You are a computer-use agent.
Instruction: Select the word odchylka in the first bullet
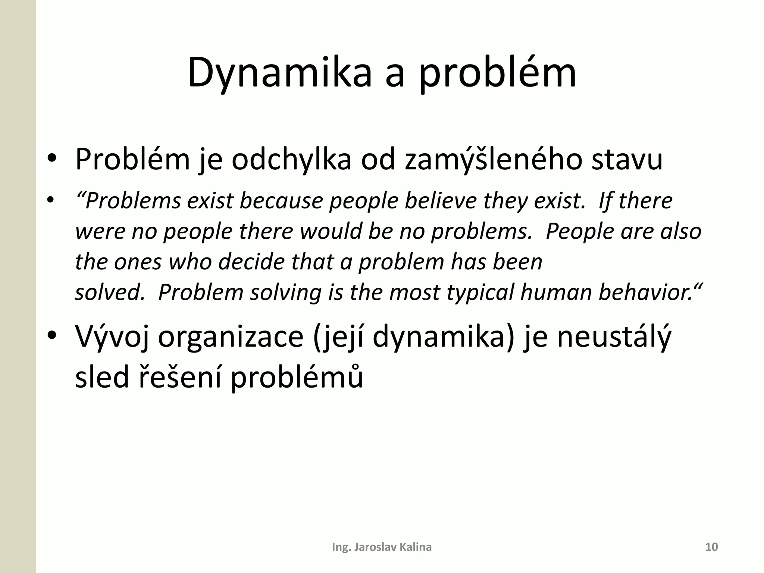click(x=291, y=160)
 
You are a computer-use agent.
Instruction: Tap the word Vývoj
click(x=112, y=337)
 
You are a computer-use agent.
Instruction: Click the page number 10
click(x=711, y=547)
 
